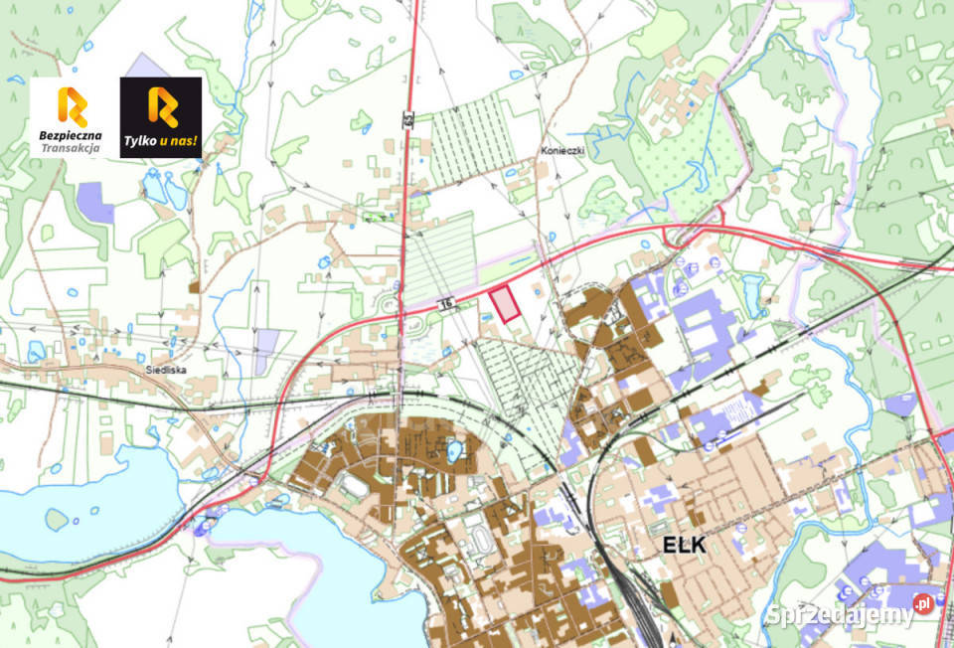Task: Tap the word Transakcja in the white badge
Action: coord(71,148)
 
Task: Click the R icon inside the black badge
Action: coord(161,107)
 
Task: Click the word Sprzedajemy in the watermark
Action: coord(840,614)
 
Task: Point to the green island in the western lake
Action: coord(57,519)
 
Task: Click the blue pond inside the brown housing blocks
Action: coord(454,453)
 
